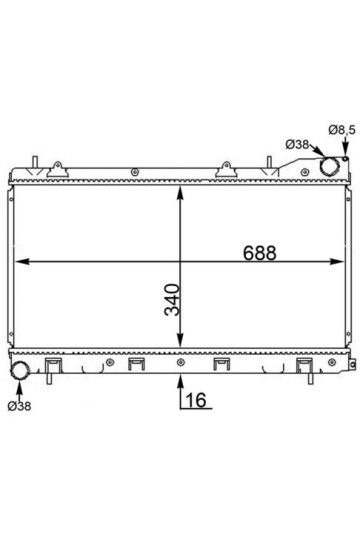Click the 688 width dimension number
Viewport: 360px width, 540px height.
click(x=259, y=253)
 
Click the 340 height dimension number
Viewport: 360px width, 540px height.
click(x=172, y=299)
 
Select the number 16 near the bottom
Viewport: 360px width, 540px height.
click(x=196, y=400)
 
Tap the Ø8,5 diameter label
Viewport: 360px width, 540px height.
click(x=342, y=130)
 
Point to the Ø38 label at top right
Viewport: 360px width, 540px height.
click(x=297, y=145)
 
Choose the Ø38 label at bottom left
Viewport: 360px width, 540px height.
click(x=19, y=406)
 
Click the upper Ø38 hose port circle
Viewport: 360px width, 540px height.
click(x=329, y=166)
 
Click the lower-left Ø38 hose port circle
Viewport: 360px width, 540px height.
click(x=20, y=370)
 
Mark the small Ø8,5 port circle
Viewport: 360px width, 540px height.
click(x=346, y=159)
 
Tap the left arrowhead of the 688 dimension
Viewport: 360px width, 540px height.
click(x=22, y=262)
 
